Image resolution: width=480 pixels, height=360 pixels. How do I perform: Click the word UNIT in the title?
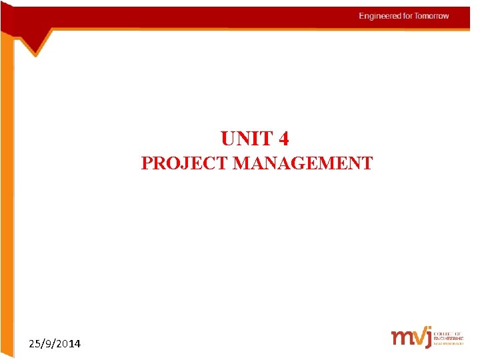tap(247, 139)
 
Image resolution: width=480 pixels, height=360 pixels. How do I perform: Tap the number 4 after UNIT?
tap(284, 139)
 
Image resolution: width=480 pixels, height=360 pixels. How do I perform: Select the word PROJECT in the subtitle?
tap(185, 163)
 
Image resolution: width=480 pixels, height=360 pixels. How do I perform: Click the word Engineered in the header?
tap(380, 16)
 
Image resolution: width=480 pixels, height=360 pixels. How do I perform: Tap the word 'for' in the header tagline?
tap(407, 16)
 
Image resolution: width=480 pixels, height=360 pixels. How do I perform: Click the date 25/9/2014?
tap(55, 344)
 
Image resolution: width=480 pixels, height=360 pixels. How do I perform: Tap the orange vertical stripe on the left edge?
tap(6, 200)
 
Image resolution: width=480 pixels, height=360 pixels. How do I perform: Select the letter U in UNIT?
tap(228, 139)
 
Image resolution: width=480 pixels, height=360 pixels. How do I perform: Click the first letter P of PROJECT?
tap(147, 163)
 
